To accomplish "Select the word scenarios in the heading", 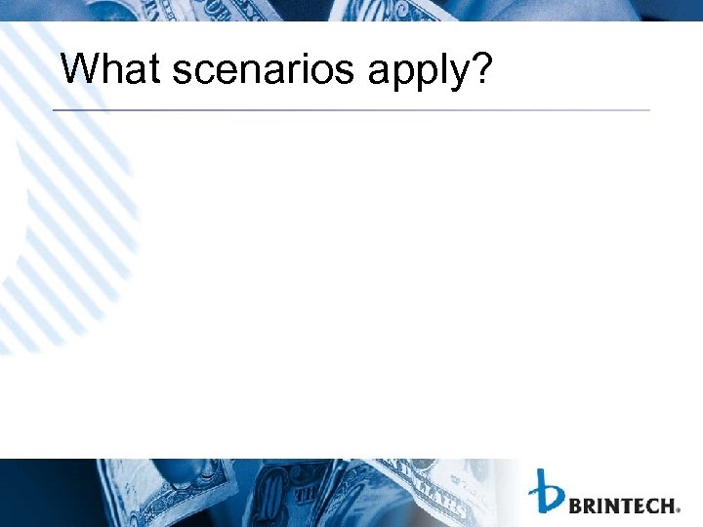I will tap(267, 69).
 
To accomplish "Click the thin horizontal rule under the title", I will tap(351, 110).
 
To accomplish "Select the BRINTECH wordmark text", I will tap(621, 506).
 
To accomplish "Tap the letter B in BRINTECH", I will tap(574, 506).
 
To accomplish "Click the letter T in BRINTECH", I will tap(621, 506).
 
